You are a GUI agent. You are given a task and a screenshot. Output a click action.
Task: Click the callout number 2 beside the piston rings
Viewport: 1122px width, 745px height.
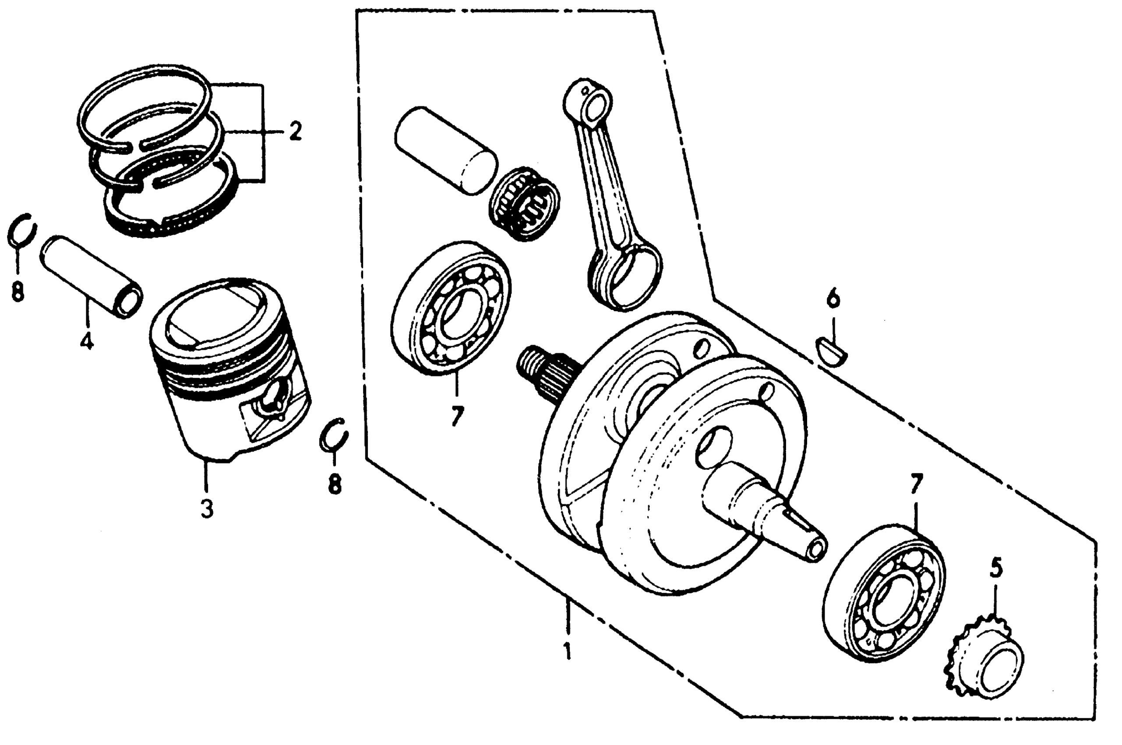[295, 131]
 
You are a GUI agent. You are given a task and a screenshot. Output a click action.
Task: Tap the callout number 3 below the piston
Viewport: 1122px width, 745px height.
[207, 509]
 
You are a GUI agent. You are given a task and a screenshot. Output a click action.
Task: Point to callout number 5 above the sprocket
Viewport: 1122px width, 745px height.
[996, 568]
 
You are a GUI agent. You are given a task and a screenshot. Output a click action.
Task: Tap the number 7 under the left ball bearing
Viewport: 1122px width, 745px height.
[456, 417]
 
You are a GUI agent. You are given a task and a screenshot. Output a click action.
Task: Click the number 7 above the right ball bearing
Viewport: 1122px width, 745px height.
[915, 484]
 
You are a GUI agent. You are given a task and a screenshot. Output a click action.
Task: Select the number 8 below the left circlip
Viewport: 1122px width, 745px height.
[18, 291]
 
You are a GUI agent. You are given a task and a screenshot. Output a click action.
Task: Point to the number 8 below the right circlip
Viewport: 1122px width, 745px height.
[335, 485]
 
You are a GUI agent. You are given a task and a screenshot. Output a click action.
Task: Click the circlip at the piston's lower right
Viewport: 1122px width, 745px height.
[334, 433]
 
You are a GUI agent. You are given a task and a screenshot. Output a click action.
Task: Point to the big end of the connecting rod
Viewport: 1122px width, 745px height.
[626, 278]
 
